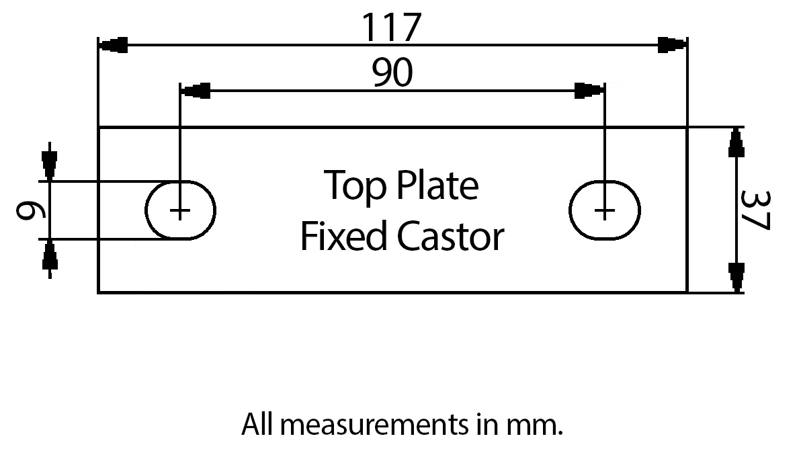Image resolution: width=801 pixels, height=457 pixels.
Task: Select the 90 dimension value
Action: [x=392, y=73]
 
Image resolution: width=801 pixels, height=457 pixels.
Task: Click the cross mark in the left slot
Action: [x=180, y=212]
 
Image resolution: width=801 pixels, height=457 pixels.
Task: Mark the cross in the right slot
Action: [x=605, y=212]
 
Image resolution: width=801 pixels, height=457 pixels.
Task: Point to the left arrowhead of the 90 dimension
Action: [x=196, y=90]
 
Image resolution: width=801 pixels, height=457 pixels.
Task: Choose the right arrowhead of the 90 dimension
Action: [x=589, y=90]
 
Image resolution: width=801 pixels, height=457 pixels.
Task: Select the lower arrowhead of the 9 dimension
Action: [x=49, y=257]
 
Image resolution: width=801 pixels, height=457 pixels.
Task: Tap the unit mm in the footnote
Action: [x=540, y=425]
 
